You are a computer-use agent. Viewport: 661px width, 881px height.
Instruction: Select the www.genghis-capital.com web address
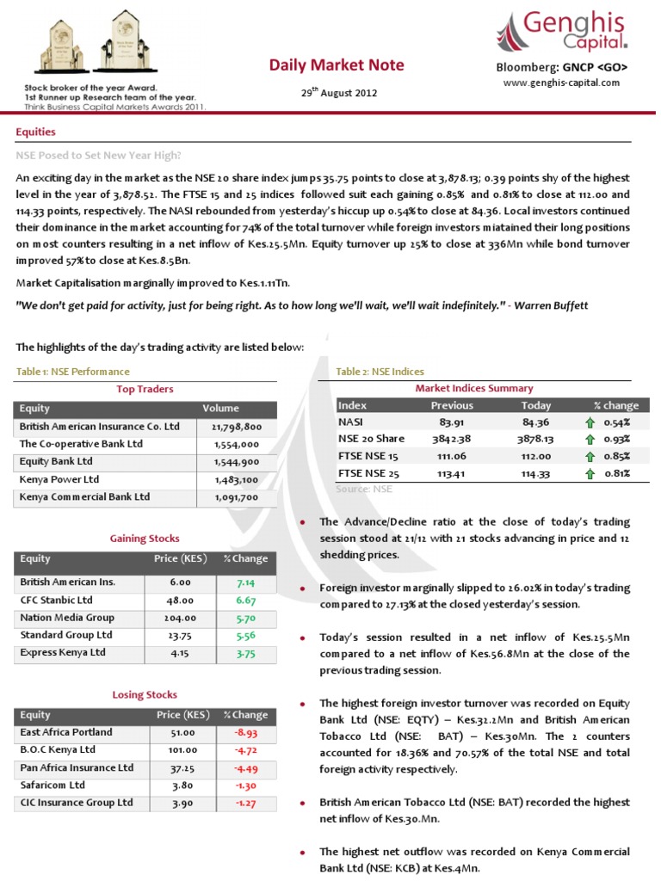(x=561, y=83)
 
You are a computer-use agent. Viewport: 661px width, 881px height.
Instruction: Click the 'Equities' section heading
(x=35, y=132)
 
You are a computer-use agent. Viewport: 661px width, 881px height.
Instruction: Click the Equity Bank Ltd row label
(x=57, y=461)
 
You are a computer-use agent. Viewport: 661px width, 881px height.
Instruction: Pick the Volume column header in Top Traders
(x=221, y=408)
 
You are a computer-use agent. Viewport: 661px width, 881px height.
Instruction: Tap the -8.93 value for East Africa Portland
(x=246, y=732)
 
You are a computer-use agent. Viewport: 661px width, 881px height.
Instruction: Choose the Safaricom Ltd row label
(x=53, y=785)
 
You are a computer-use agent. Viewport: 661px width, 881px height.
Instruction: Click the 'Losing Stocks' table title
(x=145, y=694)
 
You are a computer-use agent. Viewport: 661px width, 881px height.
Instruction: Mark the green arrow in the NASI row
(x=590, y=422)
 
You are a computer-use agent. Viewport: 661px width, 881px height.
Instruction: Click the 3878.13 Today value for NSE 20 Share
(x=536, y=439)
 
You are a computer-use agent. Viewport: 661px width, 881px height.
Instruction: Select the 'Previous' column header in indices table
(x=452, y=405)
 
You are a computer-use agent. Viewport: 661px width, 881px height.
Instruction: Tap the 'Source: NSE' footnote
(x=364, y=488)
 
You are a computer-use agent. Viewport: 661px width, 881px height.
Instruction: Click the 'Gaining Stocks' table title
(x=145, y=539)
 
